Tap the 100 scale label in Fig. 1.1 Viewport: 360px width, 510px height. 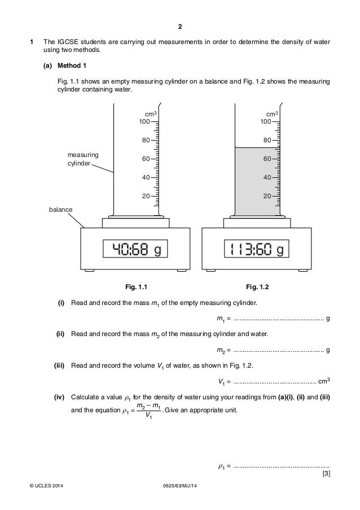144,121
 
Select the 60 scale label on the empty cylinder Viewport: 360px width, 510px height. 146,159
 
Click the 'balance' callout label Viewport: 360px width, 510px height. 60,210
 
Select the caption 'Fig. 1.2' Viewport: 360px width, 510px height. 257,286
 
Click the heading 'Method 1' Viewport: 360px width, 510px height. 72,66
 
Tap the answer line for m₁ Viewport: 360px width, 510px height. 278,320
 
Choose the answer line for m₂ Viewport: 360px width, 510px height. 278,350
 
